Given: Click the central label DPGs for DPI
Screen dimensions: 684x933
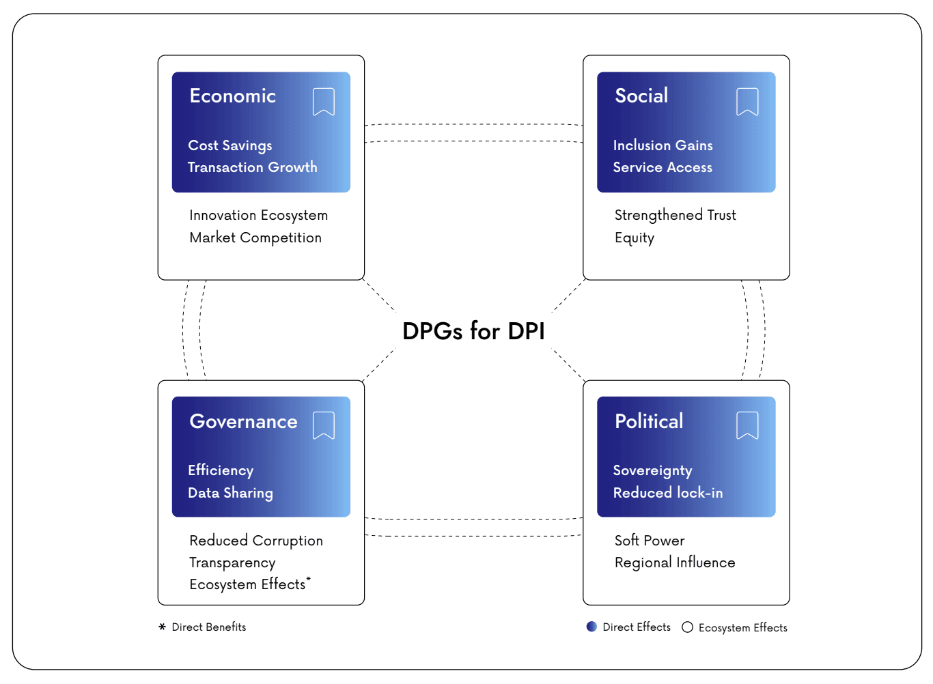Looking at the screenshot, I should pyautogui.click(x=473, y=331).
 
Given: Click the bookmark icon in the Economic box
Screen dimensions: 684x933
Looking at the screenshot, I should pyautogui.click(x=323, y=102).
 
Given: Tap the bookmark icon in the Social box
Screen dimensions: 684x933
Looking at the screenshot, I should pyautogui.click(x=747, y=102).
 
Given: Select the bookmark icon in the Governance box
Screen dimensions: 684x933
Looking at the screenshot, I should pyautogui.click(x=323, y=425).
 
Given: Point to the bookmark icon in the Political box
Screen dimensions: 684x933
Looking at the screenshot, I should pyautogui.click(x=747, y=425).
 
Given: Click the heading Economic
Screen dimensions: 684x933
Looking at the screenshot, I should pyautogui.click(x=232, y=96).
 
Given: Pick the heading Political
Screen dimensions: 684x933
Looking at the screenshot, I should pyautogui.click(x=648, y=421).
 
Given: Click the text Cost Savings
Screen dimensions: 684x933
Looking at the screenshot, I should pyautogui.click(x=229, y=145).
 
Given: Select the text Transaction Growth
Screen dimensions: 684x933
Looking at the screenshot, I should pyautogui.click(x=252, y=167).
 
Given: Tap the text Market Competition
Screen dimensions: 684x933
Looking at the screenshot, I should pyautogui.click(x=255, y=238).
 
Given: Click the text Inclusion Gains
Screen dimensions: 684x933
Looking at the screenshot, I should pyautogui.click(x=663, y=145).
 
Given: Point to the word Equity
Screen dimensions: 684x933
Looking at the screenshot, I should pyautogui.click(x=634, y=238).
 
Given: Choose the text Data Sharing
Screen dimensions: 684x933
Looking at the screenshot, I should pyautogui.click(x=230, y=493).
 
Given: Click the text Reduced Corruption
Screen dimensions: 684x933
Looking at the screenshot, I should pyautogui.click(x=255, y=541).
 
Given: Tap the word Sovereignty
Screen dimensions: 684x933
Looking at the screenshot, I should pyautogui.click(x=652, y=470).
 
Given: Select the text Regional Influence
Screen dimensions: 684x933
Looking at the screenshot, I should pyautogui.click(x=674, y=562).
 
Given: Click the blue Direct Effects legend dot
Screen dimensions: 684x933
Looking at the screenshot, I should pyautogui.click(x=591, y=627).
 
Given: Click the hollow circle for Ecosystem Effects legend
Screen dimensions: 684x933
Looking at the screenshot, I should pyautogui.click(x=687, y=627).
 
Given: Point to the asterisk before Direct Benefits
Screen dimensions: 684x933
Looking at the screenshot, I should pyautogui.click(x=162, y=627).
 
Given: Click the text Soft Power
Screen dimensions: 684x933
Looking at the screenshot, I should pyautogui.click(x=649, y=541).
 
